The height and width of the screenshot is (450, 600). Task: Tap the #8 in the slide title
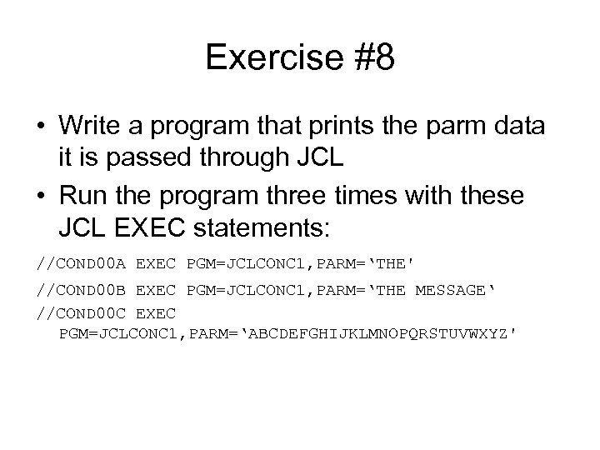pyautogui.click(x=366, y=57)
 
